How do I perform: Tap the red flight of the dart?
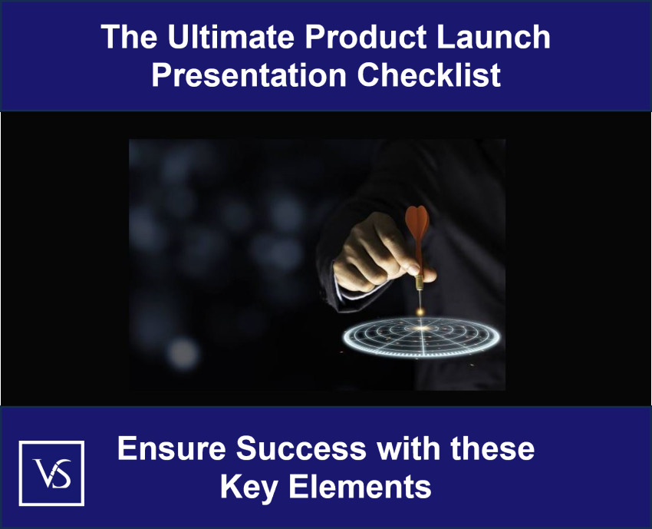tap(417, 226)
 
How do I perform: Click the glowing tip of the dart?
tap(420, 310)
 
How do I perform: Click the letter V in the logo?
tap(42, 471)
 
